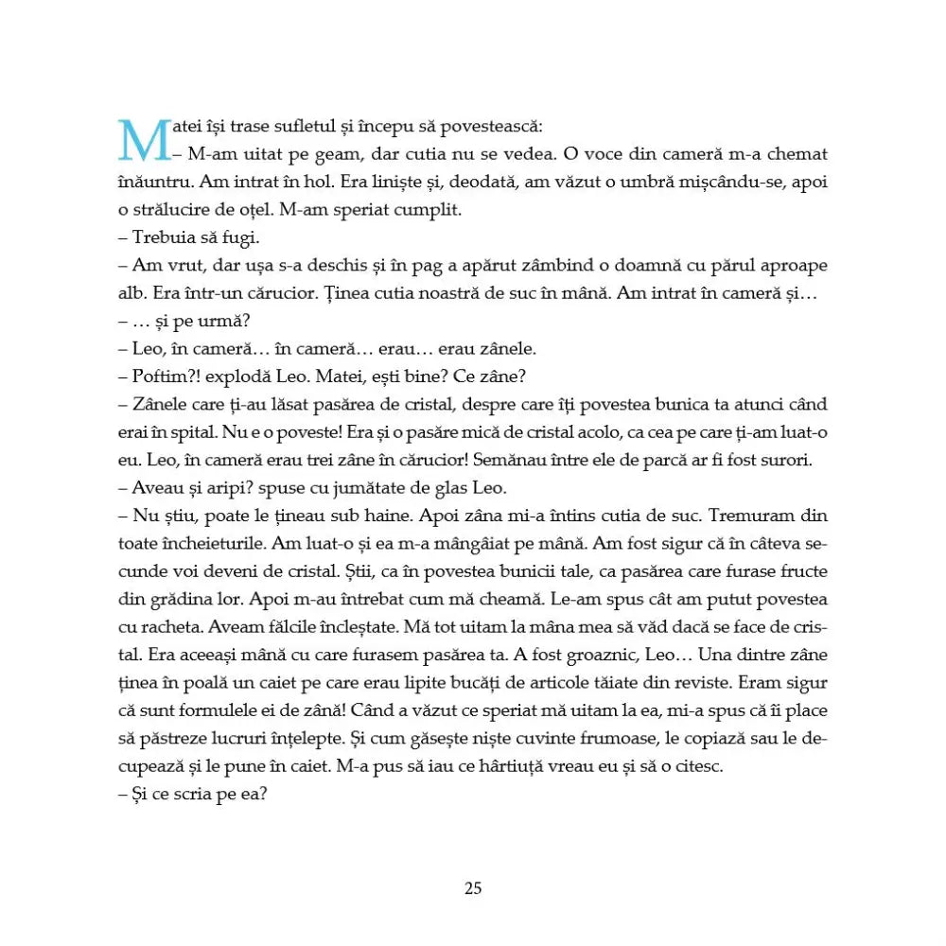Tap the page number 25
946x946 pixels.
click(473, 887)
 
